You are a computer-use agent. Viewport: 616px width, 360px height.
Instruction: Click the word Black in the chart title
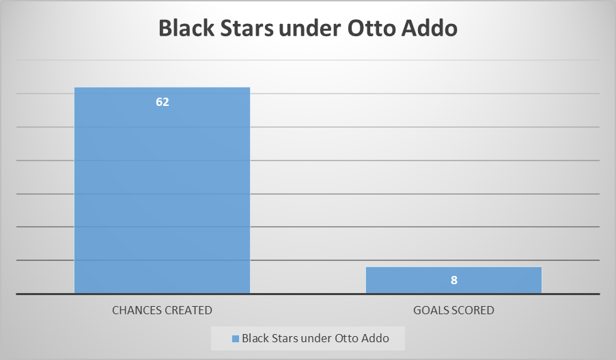tap(186, 28)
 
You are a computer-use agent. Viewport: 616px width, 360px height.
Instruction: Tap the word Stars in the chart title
tap(247, 28)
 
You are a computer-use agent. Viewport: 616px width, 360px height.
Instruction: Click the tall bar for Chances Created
tap(163, 190)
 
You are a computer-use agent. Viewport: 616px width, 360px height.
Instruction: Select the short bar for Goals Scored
tap(453, 280)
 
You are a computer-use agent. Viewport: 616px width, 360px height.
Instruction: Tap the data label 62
tap(163, 102)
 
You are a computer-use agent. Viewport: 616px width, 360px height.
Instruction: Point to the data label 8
tap(453, 280)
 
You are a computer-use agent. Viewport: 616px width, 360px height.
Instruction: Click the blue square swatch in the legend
tap(236, 338)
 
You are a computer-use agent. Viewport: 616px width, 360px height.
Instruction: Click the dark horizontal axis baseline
tap(308, 294)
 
